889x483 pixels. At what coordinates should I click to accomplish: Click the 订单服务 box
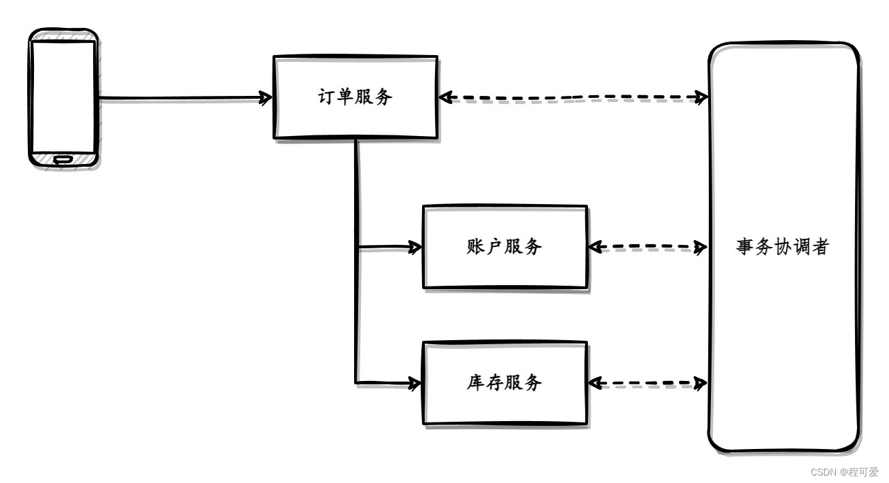pos(355,97)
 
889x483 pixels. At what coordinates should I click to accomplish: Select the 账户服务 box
pos(504,247)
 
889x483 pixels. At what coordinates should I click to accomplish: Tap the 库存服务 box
pos(504,383)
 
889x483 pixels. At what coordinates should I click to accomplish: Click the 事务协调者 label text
pos(782,247)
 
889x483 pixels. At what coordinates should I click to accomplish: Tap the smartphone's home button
pos(63,159)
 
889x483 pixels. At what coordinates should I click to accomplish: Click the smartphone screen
pos(63,95)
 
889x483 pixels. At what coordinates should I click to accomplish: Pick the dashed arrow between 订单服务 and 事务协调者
pos(574,97)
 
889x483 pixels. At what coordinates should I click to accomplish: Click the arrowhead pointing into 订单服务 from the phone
pos(265,99)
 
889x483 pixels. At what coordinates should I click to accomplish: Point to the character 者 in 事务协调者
pos(820,247)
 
